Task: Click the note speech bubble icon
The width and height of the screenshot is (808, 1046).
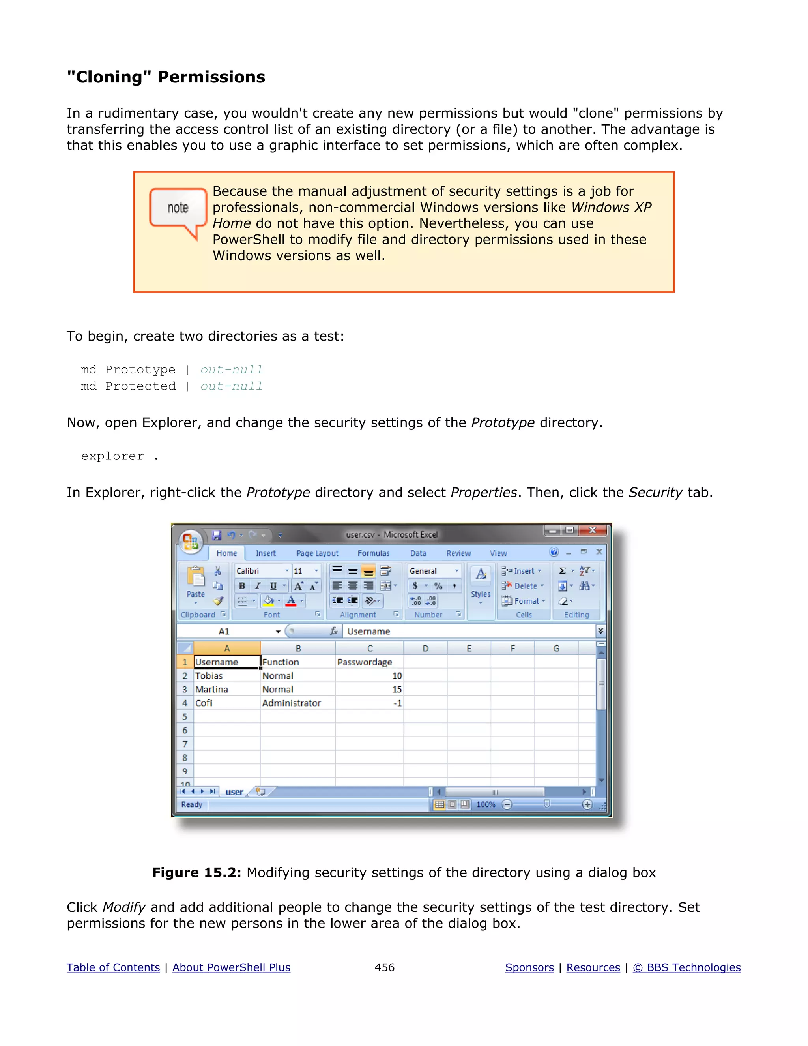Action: [178, 210]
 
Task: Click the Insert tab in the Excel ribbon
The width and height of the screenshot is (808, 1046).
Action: [266, 553]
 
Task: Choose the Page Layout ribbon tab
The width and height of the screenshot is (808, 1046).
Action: [317, 553]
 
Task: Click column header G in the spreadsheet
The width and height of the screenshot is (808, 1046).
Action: [556, 649]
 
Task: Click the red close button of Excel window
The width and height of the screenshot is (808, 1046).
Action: [593, 530]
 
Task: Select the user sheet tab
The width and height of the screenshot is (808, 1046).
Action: [234, 792]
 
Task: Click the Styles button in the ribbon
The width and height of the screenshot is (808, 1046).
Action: [481, 584]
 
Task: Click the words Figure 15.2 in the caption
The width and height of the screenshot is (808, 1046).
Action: [196, 872]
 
